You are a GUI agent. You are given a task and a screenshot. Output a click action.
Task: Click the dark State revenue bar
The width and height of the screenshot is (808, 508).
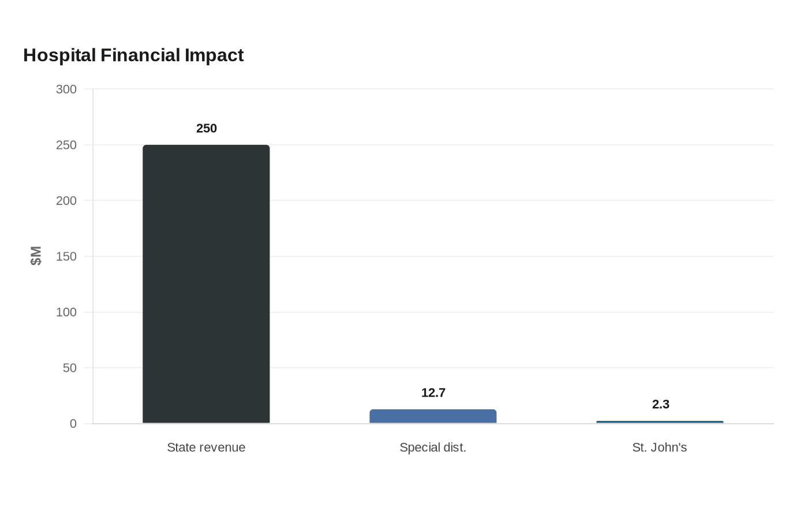pos(206,284)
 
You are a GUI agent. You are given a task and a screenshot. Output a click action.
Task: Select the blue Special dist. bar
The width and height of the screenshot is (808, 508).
pos(433,416)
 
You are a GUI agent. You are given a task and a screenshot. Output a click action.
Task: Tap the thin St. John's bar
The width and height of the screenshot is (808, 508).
pos(660,422)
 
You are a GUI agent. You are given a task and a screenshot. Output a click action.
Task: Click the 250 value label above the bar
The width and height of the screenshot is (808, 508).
pos(207,128)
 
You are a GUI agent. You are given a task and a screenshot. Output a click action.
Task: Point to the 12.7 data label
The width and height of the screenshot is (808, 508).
pos(433,393)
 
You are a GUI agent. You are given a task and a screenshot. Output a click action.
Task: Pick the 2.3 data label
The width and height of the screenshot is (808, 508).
pos(660,405)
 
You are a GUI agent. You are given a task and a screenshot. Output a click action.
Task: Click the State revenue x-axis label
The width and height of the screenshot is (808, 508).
pos(206,447)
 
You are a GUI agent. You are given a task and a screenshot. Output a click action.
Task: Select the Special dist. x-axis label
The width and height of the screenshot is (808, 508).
pos(433,447)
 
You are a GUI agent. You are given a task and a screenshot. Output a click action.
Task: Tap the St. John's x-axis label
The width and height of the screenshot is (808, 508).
pos(659,447)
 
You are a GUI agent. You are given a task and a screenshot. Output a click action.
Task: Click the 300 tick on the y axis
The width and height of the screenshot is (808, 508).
pos(66,89)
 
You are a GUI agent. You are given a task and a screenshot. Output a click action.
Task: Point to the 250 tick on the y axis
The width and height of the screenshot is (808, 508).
pos(66,145)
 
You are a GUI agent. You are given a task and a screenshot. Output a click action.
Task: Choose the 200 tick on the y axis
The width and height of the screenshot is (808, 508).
pos(66,201)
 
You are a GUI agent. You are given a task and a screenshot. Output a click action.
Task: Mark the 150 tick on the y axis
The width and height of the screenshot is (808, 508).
pos(66,256)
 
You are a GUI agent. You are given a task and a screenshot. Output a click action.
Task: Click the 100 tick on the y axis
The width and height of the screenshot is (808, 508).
pos(66,312)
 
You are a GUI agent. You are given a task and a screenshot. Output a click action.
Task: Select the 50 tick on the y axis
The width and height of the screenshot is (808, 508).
pos(70,368)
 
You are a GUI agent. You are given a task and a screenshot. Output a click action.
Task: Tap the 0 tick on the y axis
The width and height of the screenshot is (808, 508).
pos(73,424)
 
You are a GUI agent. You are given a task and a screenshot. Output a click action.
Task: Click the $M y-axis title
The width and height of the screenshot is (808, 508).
pos(36,256)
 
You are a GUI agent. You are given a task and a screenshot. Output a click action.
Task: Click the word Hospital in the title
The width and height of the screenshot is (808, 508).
pos(59,55)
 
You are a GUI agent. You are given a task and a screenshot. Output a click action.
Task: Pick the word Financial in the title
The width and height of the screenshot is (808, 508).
pos(140,55)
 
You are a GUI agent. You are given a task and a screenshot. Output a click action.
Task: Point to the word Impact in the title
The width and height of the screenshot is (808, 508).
pos(214,55)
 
